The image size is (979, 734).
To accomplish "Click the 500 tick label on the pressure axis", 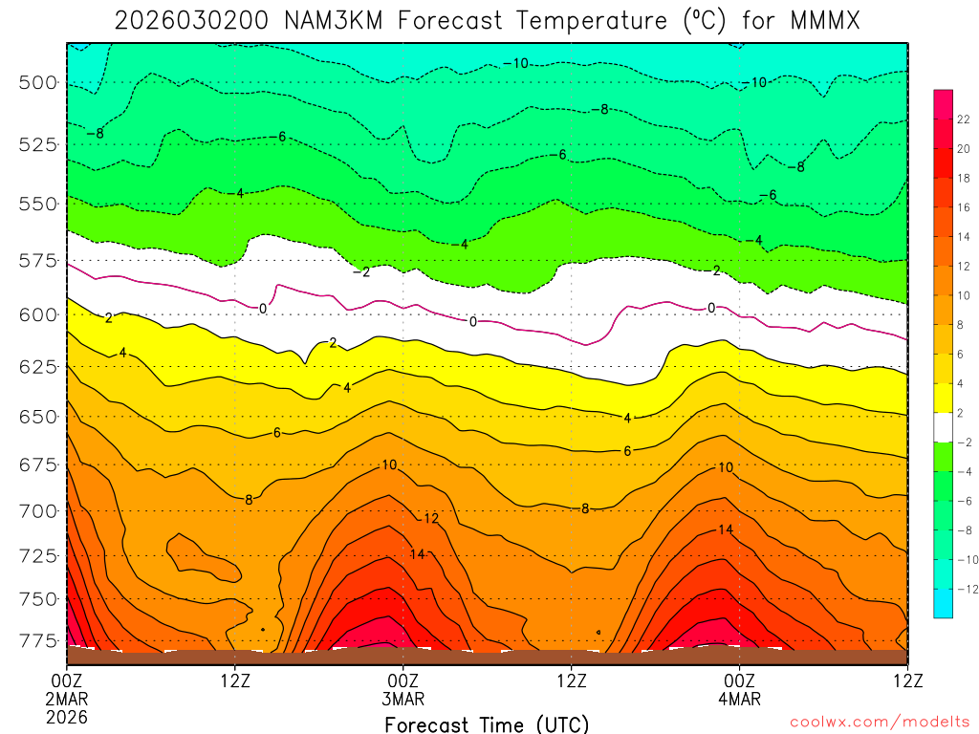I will pyautogui.click(x=38, y=82).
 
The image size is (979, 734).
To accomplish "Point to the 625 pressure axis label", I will pyautogui.click(x=38, y=367).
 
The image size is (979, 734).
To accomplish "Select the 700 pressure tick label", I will pyautogui.click(x=38, y=510).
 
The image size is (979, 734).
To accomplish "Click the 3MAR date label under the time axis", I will pyautogui.click(x=402, y=699).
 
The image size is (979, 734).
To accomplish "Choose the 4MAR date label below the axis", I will pyautogui.click(x=739, y=699).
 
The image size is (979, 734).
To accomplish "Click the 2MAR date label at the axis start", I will pyautogui.click(x=66, y=699).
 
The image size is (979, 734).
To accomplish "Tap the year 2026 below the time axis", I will pyautogui.click(x=66, y=716).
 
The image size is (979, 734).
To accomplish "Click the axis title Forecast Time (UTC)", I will pyautogui.click(x=487, y=723).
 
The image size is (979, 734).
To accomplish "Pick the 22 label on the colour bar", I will pyautogui.click(x=964, y=119).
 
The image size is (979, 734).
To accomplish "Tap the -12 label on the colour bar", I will pyautogui.click(x=964, y=589).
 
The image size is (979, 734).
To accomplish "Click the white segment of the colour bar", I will pyautogui.click(x=943, y=427).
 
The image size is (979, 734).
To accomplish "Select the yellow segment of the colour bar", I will pyautogui.click(x=943, y=399).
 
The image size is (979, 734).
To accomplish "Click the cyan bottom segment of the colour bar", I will pyautogui.click(x=943, y=604).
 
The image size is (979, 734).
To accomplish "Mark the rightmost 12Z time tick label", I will pyautogui.click(x=906, y=680).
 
